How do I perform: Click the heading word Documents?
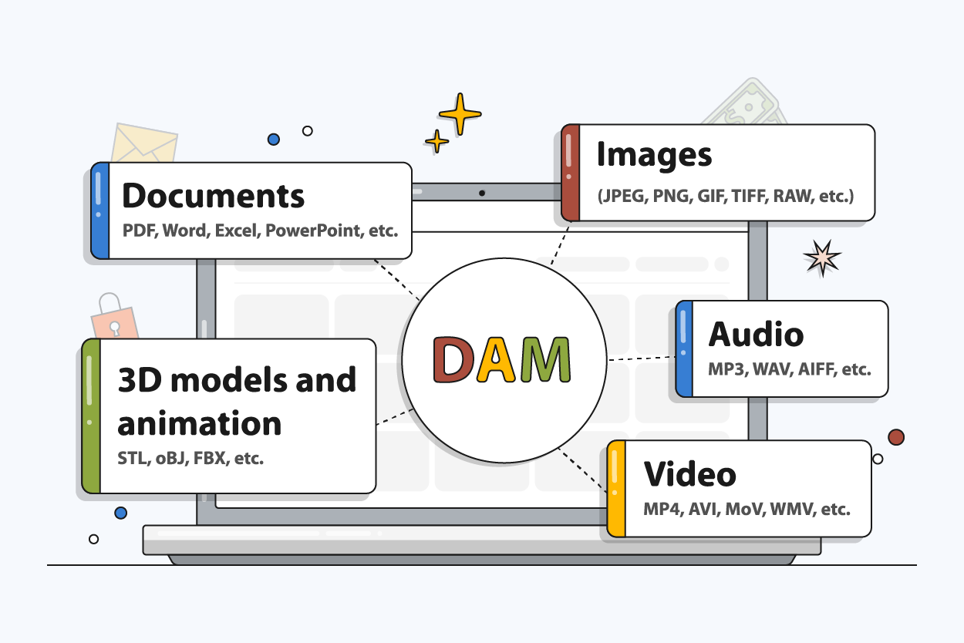[214, 196]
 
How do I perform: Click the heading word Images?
[654, 155]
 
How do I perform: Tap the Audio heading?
[756, 334]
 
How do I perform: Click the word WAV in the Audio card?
[780, 369]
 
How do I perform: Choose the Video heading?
[690, 473]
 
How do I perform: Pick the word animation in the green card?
[199, 423]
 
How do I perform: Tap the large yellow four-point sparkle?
[460, 114]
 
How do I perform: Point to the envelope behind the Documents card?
[144, 143]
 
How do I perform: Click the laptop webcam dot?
[482, 193]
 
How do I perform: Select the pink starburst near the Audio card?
[821, 258]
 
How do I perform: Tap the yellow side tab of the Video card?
[615, 489]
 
